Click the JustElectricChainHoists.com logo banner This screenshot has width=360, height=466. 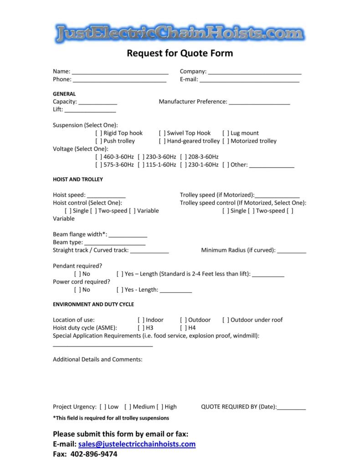click(x=180, y=33)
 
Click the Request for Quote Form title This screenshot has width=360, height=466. click(x=180, y=53)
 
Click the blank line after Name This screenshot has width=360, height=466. click(x=120, y=72)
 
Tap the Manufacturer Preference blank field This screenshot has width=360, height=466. click(x=259, y=103)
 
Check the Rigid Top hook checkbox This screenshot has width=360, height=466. click(x=98, y=133)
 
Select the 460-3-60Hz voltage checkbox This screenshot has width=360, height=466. click(x=98, y=157)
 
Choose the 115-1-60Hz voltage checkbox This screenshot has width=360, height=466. click(x=141, y=165)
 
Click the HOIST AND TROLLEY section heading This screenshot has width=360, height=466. click(x=77, y=179)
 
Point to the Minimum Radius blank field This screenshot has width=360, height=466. click(x=292, y=251)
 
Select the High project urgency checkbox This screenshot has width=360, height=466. click(x=159, y=407)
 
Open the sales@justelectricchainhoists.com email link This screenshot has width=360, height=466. click(x=137, y=444)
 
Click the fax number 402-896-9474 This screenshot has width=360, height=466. click(x=93, y=454)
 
